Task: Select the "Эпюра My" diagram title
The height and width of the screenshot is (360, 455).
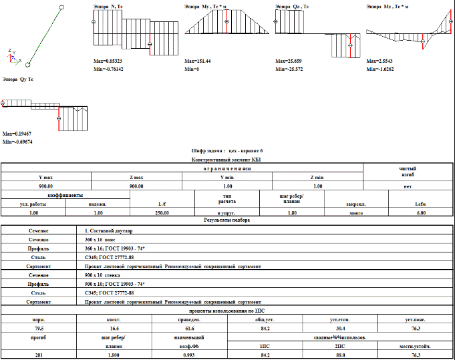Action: [205, 6]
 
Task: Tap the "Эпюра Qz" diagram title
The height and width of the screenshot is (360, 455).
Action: [292, 6]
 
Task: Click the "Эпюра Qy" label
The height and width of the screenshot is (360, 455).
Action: [17, 79]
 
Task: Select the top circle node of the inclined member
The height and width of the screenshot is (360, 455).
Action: [62, 5]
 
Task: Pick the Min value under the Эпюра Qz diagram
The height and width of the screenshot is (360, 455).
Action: [289, 68]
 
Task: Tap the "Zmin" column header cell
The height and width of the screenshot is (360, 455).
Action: [317, 176]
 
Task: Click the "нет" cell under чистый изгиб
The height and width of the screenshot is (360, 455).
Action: [408, 185]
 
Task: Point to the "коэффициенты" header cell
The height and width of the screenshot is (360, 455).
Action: [65, 195]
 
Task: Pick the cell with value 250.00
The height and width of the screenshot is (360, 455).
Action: [162, 212]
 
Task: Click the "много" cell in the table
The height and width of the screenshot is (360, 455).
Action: [355, 212]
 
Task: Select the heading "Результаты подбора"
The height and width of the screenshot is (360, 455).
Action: [227, 220]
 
